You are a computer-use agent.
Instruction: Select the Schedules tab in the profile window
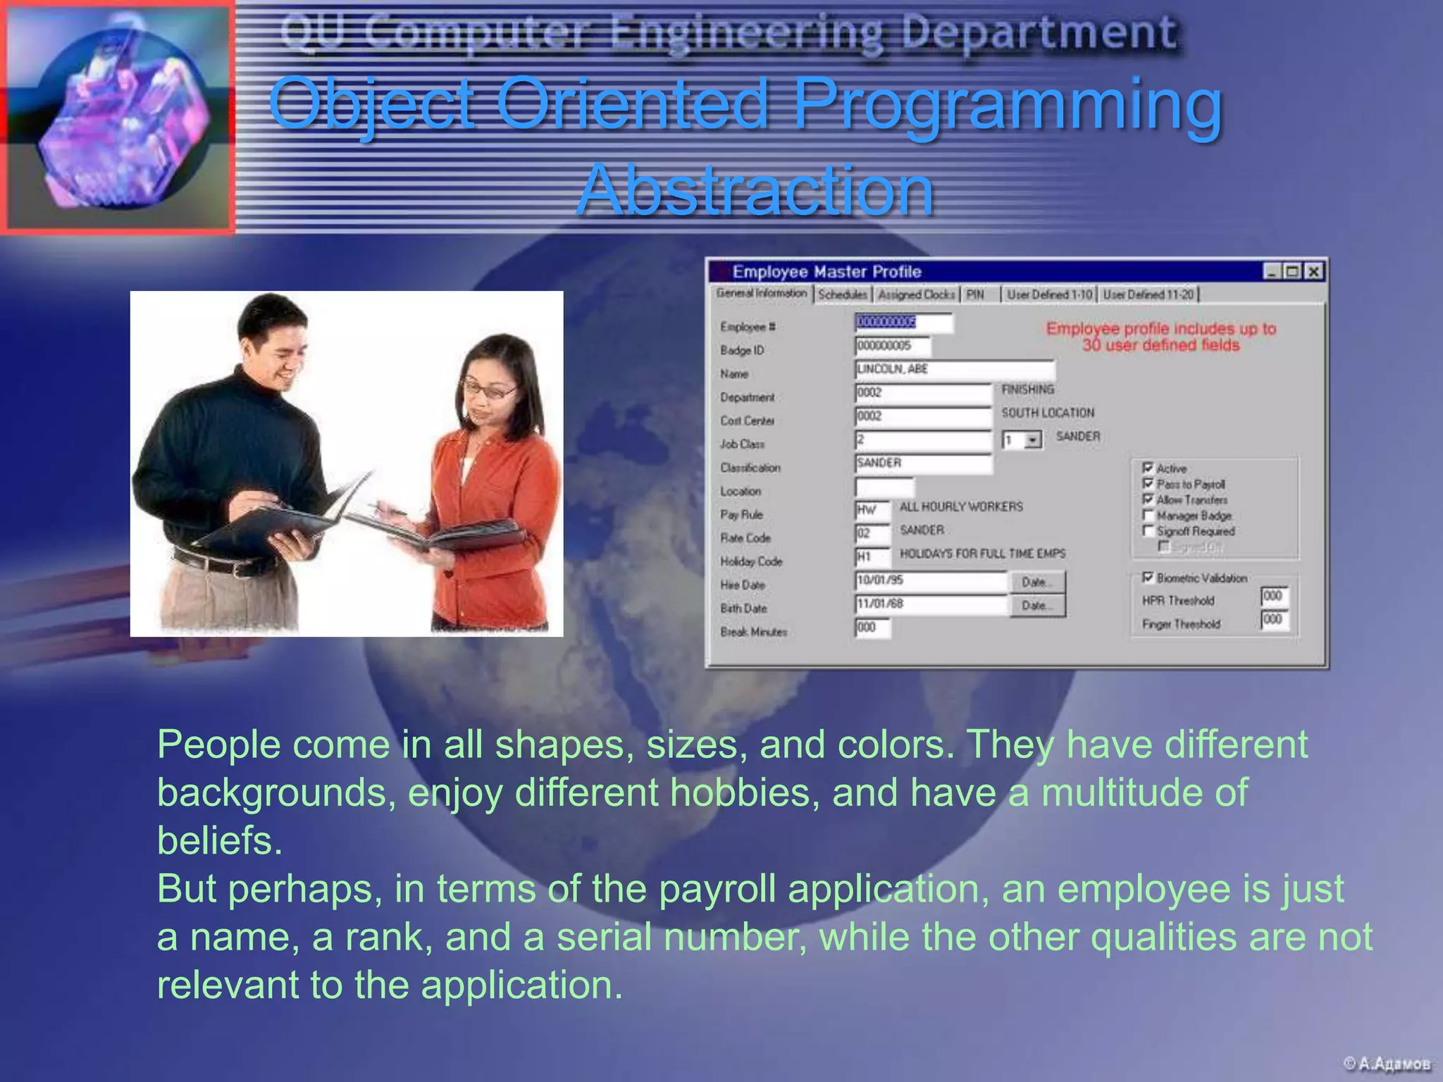pos(843,294)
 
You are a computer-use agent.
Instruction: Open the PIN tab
pos(975,294)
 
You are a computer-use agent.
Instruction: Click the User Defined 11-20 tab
pos(1148,294)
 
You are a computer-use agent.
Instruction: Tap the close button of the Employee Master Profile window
pos(1313,271)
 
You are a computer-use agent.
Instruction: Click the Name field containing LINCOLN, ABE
pos(955,369)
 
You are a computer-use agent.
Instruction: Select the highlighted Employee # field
pos(903,323)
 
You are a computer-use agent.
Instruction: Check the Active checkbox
pos(1148,468)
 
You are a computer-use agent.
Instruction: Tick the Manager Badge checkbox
pos(1148,515)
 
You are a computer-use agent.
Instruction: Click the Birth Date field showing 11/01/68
pos(930,604)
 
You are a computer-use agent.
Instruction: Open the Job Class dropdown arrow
pos(1032,440)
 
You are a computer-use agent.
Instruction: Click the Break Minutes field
pos(872,628)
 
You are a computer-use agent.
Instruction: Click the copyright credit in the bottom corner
pos(1387,1064)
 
